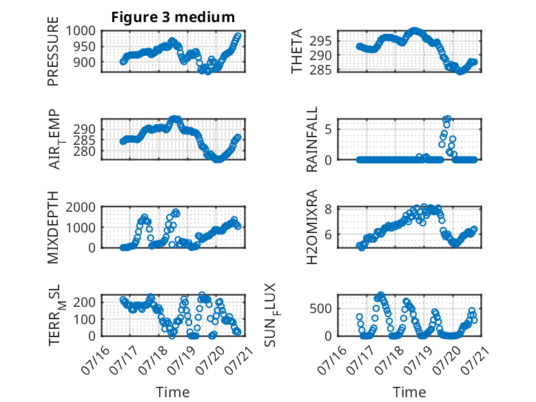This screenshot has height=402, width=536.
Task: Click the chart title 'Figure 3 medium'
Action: click(x=173, y=17)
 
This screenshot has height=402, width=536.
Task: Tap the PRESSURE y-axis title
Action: click(x=53, y=51)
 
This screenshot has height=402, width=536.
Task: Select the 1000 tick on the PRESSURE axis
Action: click(x=81, y=31)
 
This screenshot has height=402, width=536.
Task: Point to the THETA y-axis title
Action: click(x=297, y=51)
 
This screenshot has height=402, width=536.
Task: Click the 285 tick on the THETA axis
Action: click(x=320, y=70)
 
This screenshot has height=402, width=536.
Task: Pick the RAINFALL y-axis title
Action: click(x=312, y=139)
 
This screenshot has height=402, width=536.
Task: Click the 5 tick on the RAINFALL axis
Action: click(x=328, y=130)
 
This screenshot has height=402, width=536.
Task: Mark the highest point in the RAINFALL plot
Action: click(x=447, y=119)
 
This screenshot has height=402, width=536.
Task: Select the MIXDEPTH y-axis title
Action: click(x=53, y=228)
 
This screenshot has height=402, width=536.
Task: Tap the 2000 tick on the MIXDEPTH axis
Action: click(x=81, y=208)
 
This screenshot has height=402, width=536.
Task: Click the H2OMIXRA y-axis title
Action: click(x=312, y=227)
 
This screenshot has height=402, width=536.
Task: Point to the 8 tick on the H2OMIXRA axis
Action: click(x=328, y=209)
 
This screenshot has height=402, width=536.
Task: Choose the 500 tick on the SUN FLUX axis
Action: click(x=320, y=309)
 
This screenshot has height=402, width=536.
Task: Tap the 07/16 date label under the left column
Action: click(x=96, y=360)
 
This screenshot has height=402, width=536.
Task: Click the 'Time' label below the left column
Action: click(x=173, y=392)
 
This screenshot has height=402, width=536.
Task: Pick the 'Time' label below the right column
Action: click(x=409, y=392)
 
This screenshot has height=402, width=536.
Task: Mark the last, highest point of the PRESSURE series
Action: click(x=238, y=36)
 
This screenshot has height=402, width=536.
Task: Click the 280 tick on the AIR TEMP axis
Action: click(x=85, y=151)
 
